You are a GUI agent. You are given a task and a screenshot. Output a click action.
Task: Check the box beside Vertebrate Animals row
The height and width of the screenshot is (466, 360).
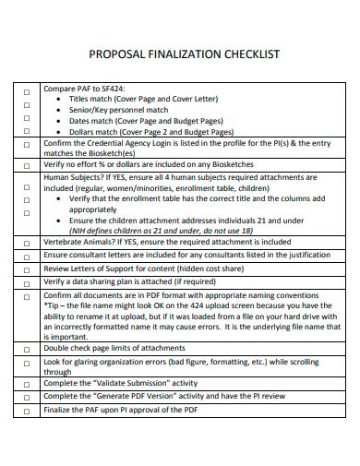click(27, 242)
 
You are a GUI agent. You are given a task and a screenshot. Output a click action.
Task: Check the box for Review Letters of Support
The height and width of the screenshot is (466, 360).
click(27, 268)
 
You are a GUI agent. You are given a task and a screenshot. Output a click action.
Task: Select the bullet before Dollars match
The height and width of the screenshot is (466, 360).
click(62, 130)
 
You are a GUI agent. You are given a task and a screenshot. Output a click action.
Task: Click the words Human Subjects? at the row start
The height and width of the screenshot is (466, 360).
click(72, 175)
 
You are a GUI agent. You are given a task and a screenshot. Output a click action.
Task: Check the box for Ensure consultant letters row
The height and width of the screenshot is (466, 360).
click(27, 255)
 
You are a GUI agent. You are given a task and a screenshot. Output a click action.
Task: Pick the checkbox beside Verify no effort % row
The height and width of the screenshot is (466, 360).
click(27, 163)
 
